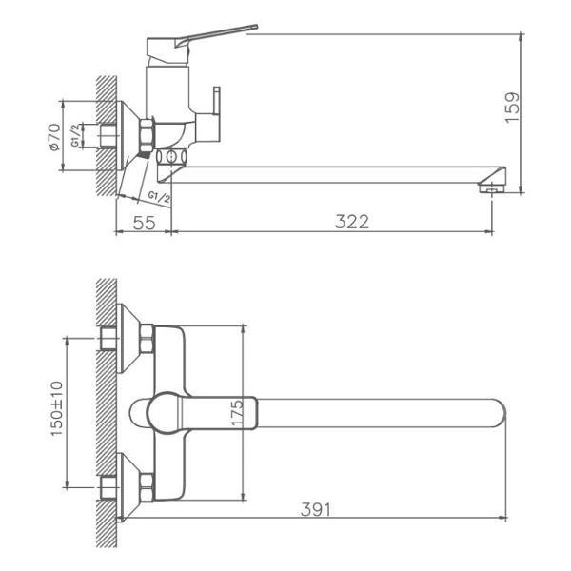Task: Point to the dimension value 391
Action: [x=317, y=509]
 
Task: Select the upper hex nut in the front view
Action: [x=147, y=337]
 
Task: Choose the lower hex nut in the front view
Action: [x=147, y=485]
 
